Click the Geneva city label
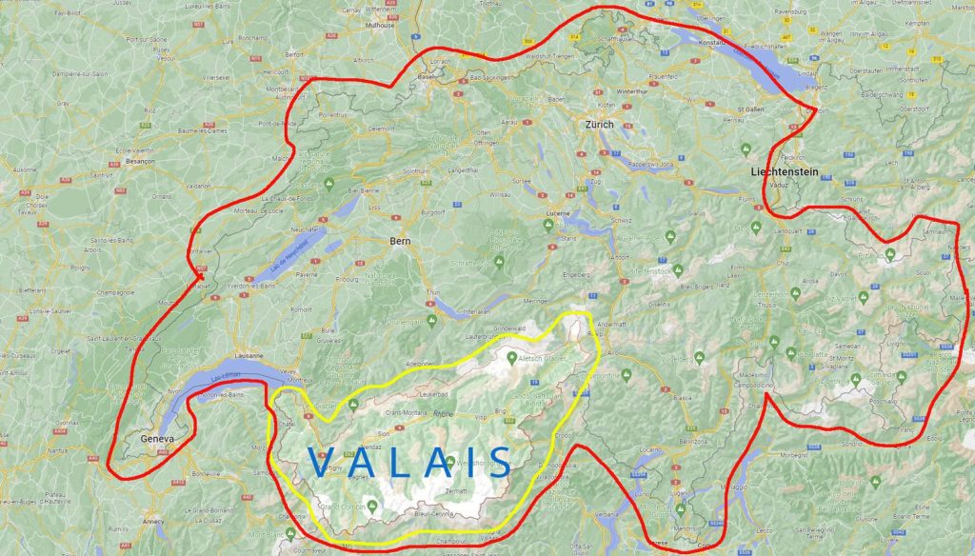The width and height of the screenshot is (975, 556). tap(157, 439)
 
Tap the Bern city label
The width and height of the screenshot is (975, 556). tap(400, 242)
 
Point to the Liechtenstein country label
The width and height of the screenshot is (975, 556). tap(784, 172)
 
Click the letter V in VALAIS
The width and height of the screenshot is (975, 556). tap(324, 462)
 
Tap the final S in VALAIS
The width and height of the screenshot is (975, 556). tap(498, 462)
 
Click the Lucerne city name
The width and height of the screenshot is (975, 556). tap(558, 214)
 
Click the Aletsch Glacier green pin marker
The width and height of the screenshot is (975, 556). tap(512, 358)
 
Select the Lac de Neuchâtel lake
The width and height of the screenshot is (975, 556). tap(286, 257)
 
